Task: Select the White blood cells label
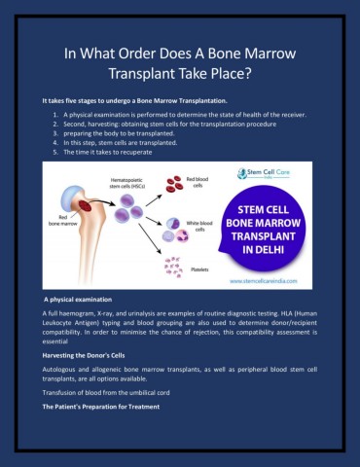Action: point(197,225)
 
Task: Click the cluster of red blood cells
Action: point(172,184)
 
